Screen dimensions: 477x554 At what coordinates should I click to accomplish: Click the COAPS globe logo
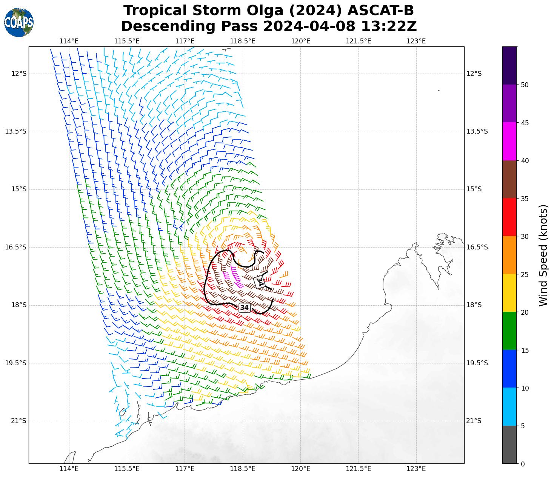(x=19, y=22)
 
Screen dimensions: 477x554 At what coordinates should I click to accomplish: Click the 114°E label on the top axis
(x=69, y=41)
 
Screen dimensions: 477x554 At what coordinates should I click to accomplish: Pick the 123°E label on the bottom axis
(x=416, y=469)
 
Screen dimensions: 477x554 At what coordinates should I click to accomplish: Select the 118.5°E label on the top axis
(x=243, y=41)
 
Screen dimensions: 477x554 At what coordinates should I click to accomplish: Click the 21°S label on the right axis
(x=474, y=421)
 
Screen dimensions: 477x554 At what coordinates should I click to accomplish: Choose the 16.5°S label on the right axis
(x=477, y=247)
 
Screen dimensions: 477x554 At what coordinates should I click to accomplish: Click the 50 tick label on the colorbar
(x=524, y=85)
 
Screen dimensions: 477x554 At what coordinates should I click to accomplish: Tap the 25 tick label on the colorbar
(x=524, y=274)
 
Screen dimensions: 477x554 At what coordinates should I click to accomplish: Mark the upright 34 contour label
(x=245, y=308)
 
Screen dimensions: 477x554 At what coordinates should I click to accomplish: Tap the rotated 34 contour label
(x=260, y=282)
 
